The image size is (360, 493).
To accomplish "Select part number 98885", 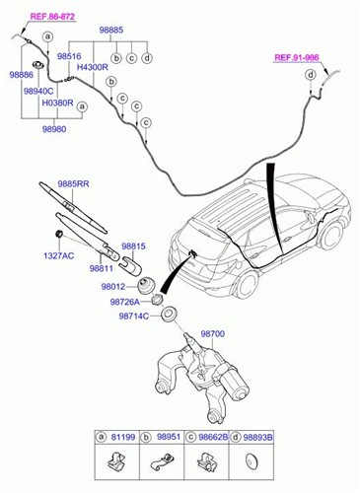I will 110,31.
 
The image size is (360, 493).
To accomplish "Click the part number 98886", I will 21,75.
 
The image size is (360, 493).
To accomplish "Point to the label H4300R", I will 93,68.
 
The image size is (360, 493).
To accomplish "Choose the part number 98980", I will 55,127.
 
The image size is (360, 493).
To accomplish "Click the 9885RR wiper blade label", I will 73,183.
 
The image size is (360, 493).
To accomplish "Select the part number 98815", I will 133,246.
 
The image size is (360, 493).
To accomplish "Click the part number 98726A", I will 124,302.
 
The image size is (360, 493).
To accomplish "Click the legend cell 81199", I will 120,435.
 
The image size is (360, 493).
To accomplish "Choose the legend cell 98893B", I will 257,435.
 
